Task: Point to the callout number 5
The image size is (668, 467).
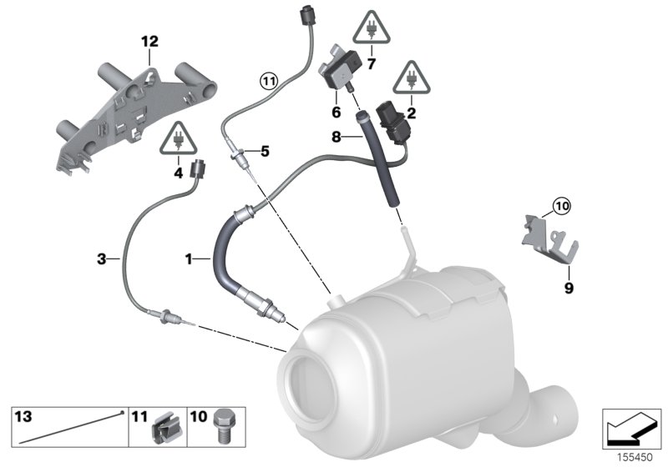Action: coord(265,151)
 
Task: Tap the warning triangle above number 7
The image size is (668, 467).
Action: coord(368,29)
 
